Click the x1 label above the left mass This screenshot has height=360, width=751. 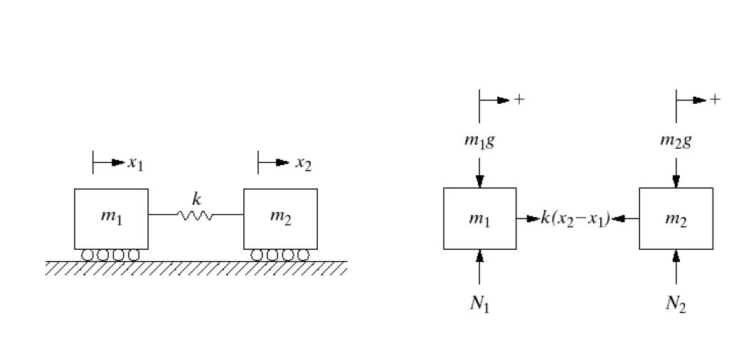(135, 164)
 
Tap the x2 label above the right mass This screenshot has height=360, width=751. (304, 164)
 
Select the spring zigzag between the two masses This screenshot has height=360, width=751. (196, 214)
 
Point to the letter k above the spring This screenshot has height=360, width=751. (196, 199)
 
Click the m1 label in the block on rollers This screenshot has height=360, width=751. (111, 216)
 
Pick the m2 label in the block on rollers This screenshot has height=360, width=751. (280, 216)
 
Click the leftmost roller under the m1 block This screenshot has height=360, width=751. (88, 255)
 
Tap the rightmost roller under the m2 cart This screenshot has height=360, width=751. (303, 255)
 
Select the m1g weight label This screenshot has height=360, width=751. (479, 140)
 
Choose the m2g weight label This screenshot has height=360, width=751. (675, 140)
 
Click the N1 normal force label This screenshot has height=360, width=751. (480, 304)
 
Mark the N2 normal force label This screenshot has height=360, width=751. (676, 304)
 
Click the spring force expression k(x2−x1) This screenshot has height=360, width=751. (575, 218)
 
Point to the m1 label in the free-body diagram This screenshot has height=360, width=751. (479, 218)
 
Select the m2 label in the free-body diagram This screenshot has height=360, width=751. (676, 218)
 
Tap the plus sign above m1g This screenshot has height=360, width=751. (519, 100)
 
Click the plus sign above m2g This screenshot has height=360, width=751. (715, 100)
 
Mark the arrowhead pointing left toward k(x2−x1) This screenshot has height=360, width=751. (618, 218)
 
